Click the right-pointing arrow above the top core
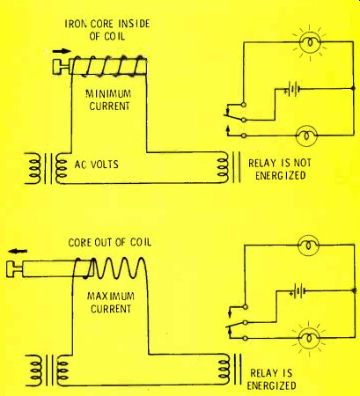[62, 51]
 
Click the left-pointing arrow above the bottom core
[18, 251]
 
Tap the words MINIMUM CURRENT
[109, 100]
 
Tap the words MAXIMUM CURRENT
[111, 303]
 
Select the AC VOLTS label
[97, 165]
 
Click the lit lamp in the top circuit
[310, 43]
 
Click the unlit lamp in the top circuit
[307, 136]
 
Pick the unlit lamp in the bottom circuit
[308, 246]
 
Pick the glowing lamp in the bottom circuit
[309, 338]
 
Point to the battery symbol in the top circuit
[292, 89]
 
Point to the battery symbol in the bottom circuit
[298, 292]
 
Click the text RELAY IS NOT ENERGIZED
[280, 169]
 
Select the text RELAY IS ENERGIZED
[271, 379]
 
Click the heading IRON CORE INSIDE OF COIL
[107, 30]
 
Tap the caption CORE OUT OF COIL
[110, 242]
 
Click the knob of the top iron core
[61, 66]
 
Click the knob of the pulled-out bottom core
[15, 269]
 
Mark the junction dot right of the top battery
[353, 88]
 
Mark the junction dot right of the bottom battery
[354, 290]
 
